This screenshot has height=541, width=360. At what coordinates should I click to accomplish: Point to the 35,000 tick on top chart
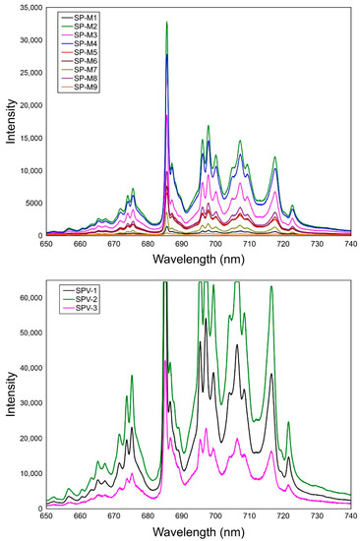coord(26,7)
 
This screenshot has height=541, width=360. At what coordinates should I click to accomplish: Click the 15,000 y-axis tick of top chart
coord(26,138)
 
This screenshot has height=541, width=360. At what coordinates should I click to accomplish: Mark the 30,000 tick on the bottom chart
coord(26,402)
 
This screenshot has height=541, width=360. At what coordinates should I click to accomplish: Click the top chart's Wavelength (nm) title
coord(198,261)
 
